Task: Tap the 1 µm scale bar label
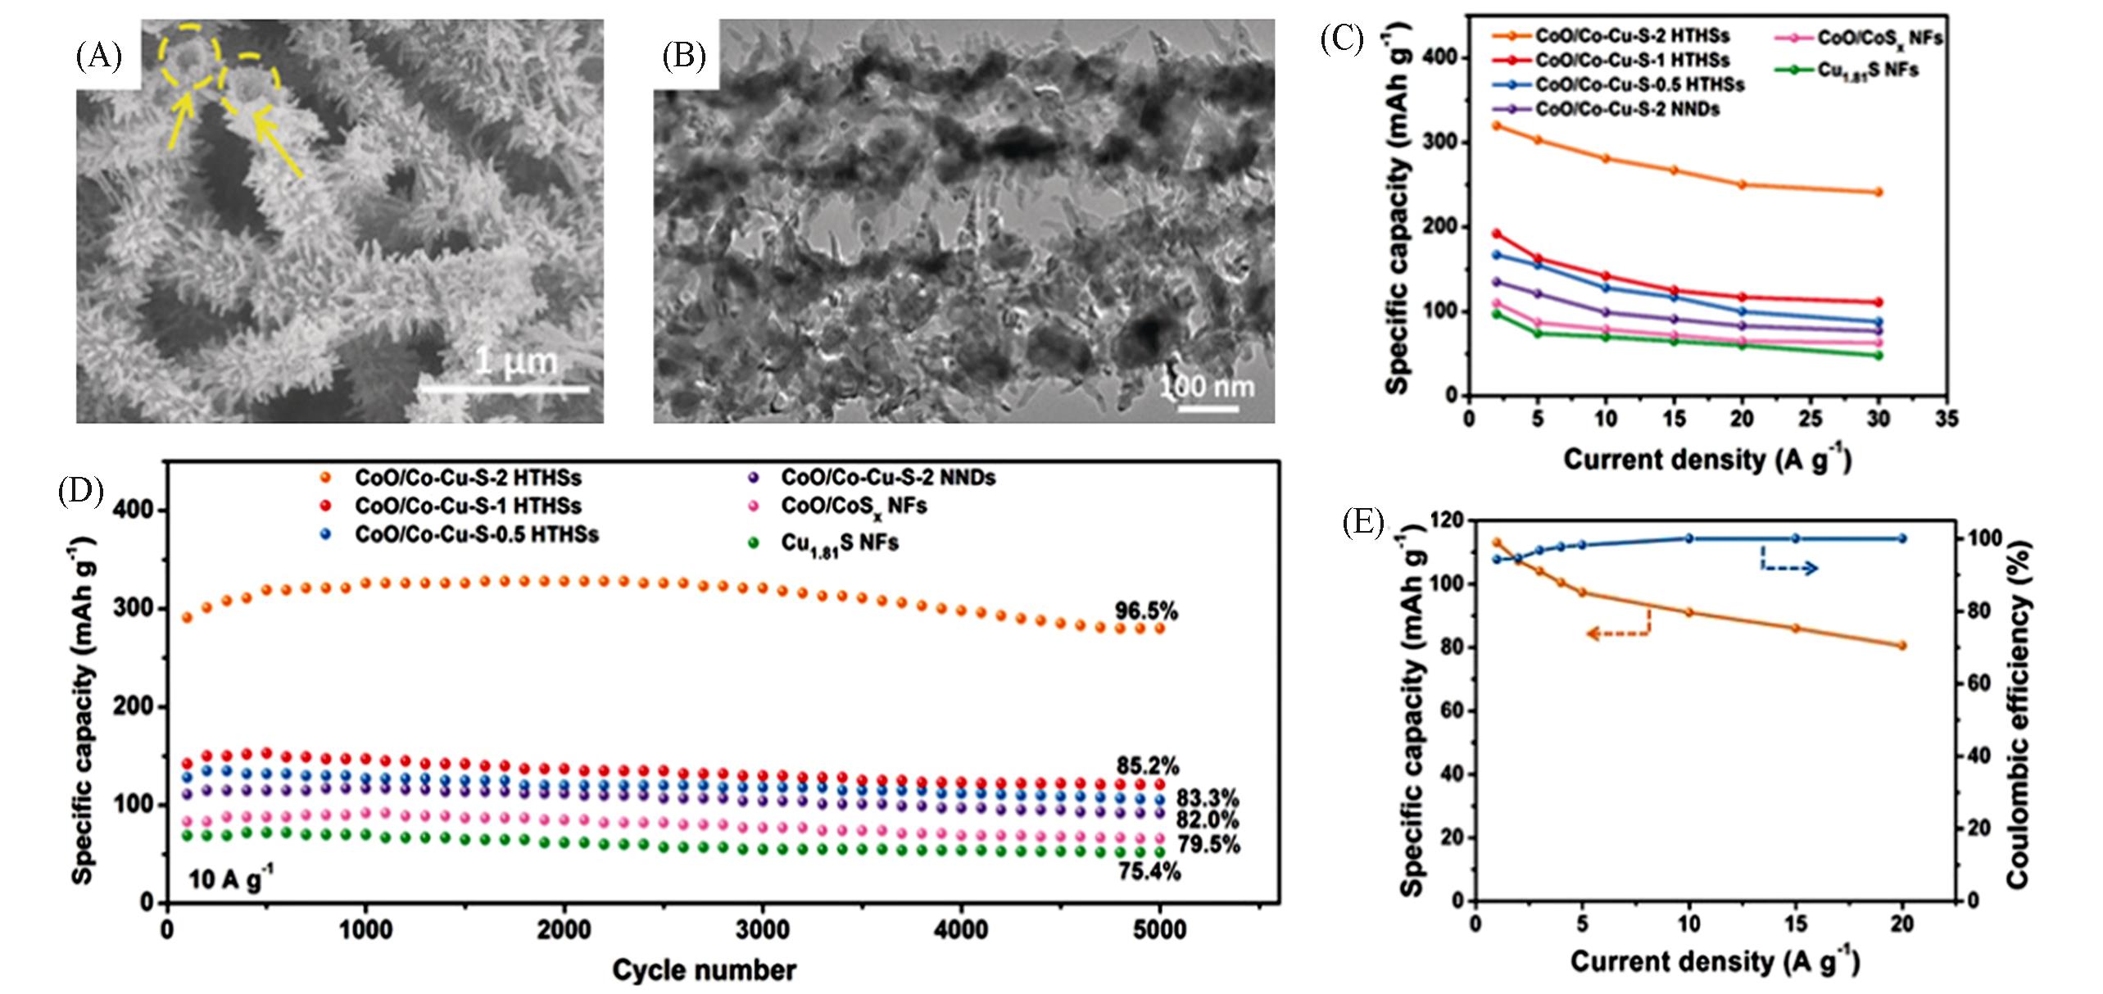[x=516, y=361]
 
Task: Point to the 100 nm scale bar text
[x=1208, y=385]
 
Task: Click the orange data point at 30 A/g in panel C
[x=1878, y=193]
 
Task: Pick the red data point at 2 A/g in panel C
[x=1473, y=234]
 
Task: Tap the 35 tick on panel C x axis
[x=1947, y=420]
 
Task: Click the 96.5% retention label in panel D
[x=1145, y=611]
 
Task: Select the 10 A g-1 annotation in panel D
[x=230, y=880]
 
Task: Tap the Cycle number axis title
[x=704, y=971]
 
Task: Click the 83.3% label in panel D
[x=1208, y=798]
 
